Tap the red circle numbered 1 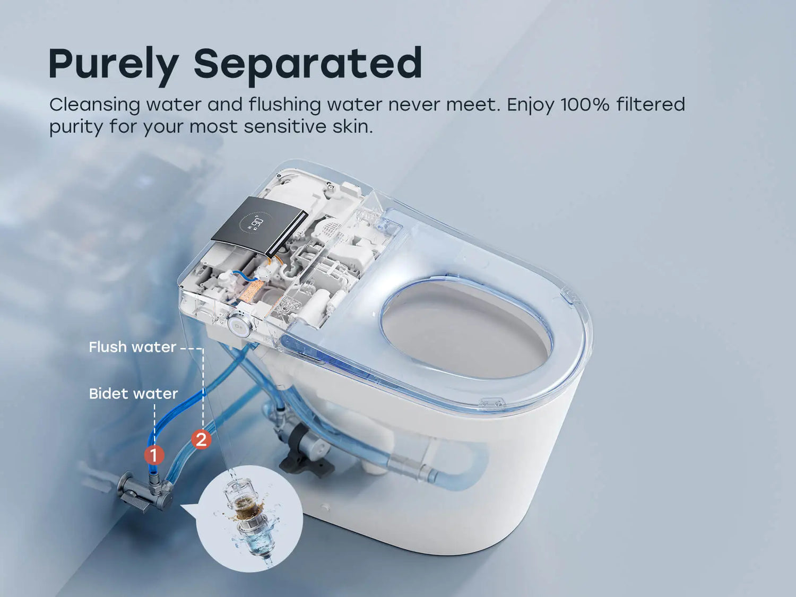[x=154, y=455]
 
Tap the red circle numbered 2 [x=201, y=440]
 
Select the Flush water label [x=133, y=347]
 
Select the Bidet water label [x=133, y=394]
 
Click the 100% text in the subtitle [x=585, y=105]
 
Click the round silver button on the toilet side [x=240, y=326]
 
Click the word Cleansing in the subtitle [x=94, y=106]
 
